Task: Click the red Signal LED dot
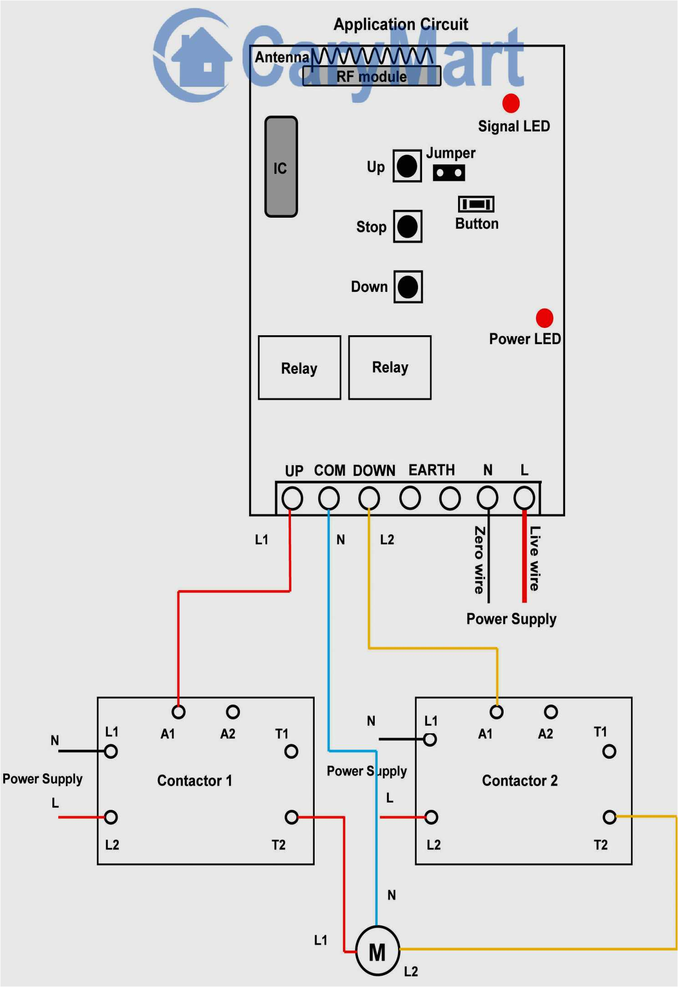click(510, 103)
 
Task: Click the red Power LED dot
click(544, 318)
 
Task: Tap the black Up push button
click(407, 166)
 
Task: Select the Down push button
click(408, 287)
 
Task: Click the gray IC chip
click(281, 167)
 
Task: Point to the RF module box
click(372, 76)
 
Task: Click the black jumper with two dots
click(449, 173)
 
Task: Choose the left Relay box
click(299, 368)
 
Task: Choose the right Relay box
click(389, 368)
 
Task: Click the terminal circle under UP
click(292, 498)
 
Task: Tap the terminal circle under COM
click(328, 498)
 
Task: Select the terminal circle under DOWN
click(369, 498)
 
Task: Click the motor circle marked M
click(377, 951)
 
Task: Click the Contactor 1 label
click(194, 781)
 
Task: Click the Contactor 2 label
click(520, 781)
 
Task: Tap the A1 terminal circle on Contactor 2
click(496, 712)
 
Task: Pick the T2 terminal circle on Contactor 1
click(291, 817)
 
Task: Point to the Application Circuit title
click(401, 24)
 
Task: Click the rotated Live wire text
click(535, 558)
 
